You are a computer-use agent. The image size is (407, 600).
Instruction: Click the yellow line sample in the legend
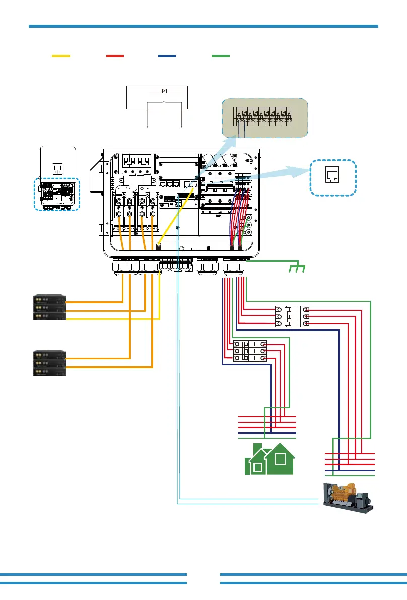point(61,56)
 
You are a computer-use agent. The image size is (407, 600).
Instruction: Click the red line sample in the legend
point(115,56)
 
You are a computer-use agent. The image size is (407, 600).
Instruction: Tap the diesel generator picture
point(348,497)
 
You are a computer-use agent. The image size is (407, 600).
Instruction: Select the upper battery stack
point(49,307)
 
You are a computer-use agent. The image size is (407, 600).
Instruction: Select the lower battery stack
point(49,363)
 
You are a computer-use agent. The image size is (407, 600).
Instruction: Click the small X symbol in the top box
point(164,91)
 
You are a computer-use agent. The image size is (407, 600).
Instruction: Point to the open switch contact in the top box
point(164,103)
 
